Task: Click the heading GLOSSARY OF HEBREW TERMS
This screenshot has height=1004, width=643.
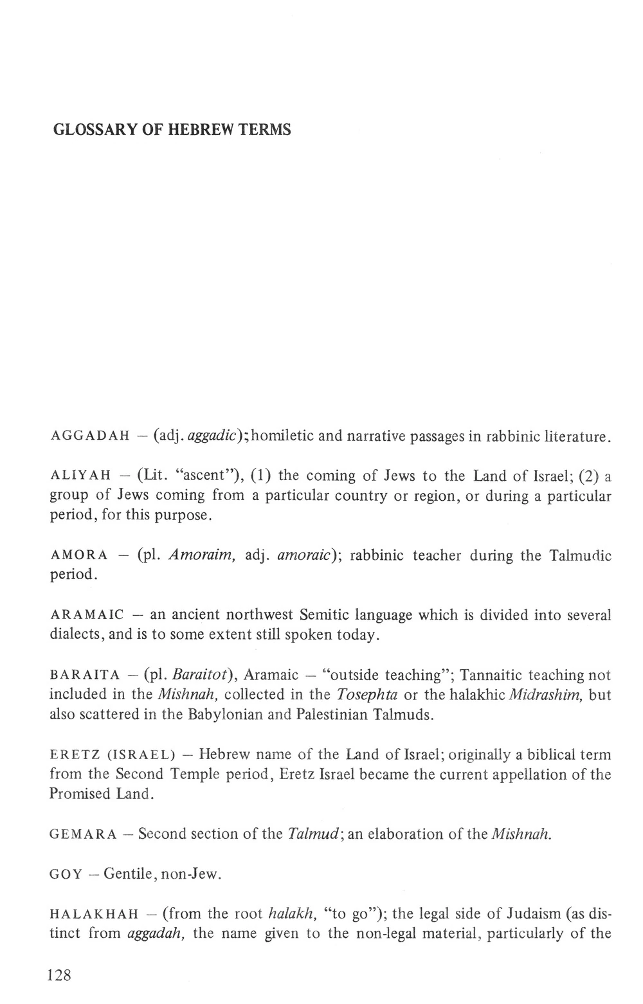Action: [x=171, y=130]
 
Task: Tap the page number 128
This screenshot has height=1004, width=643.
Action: [x=59, y=975]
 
